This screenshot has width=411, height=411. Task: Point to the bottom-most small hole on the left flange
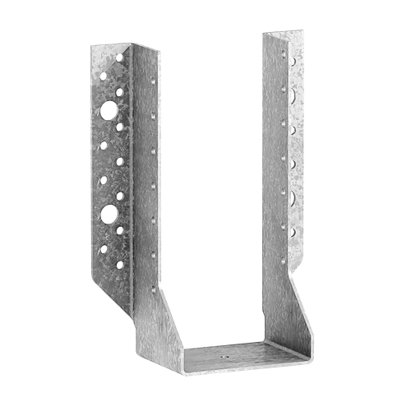[121, 265]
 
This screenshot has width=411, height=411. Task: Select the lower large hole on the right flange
[293, 196]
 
